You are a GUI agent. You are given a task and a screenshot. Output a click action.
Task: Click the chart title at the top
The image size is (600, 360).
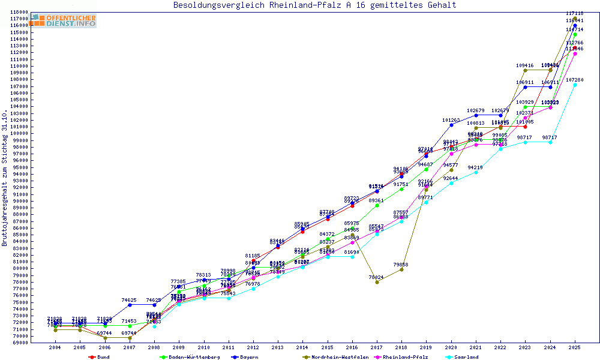pos(314,5)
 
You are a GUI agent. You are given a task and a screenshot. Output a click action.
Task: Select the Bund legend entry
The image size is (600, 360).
pos(100,357)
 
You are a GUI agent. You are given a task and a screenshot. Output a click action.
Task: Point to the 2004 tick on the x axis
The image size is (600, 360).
pos(55,347)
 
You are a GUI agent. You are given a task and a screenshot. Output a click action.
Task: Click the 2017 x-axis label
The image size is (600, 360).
pos(377,347)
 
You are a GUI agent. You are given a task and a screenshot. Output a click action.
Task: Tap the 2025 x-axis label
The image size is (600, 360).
pos(575,347)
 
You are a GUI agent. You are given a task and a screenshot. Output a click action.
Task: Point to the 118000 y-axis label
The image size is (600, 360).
pos(19,12)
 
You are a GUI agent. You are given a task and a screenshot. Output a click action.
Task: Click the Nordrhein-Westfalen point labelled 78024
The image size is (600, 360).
pos(377,281)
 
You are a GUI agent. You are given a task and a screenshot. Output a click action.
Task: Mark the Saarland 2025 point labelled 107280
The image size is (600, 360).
pos(575,85)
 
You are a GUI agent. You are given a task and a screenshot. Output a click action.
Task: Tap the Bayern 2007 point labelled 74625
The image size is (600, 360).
pos(130,305)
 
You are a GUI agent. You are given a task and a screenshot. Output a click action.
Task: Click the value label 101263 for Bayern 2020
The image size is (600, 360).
pos(451,120)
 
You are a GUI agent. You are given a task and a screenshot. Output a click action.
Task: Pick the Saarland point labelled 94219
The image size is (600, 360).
pos(476,172)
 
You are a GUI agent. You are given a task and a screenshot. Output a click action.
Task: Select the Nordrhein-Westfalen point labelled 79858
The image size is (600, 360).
pos(401,269)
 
